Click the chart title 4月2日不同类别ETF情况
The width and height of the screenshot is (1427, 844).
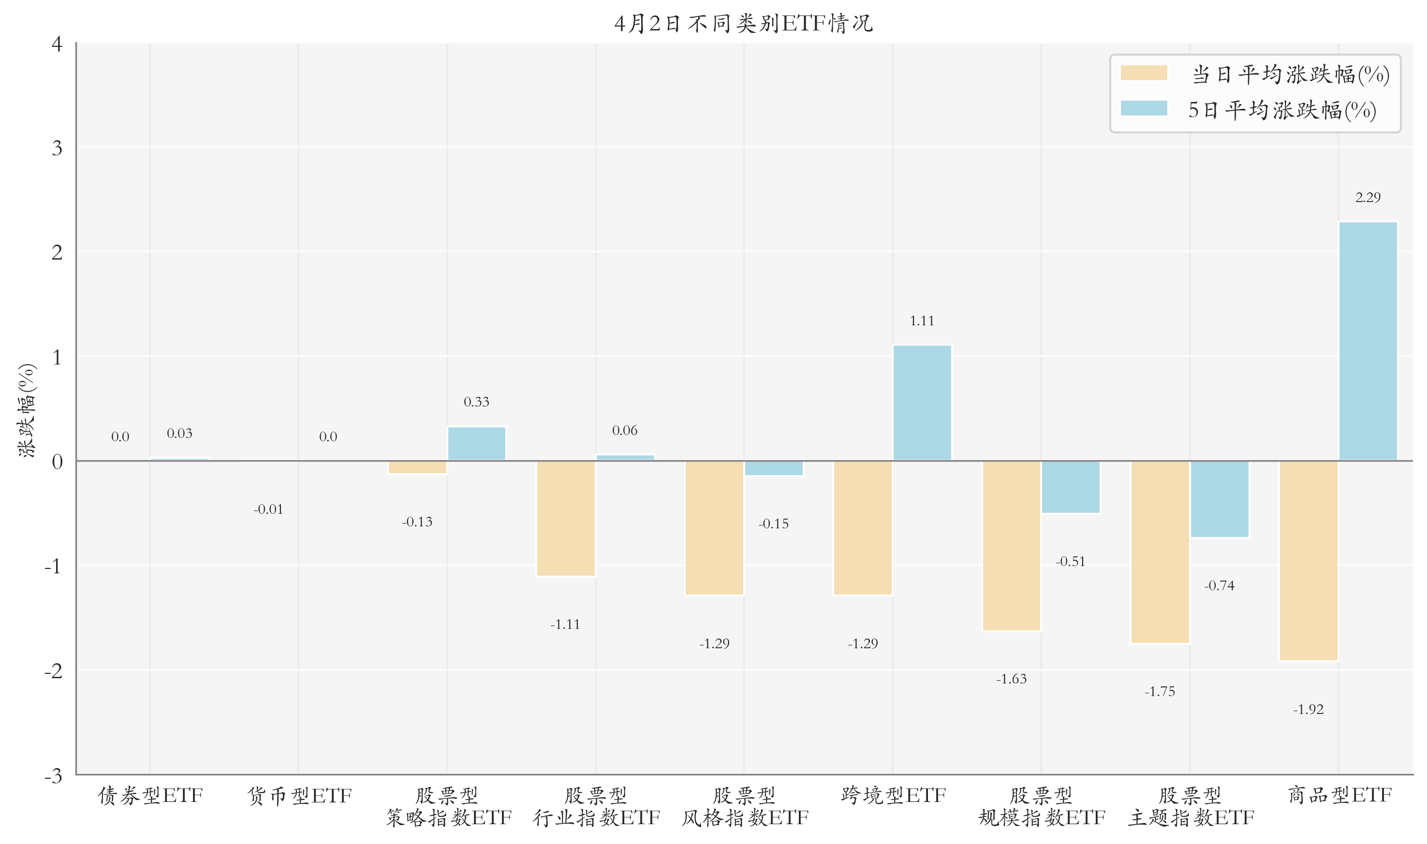pos(743,24)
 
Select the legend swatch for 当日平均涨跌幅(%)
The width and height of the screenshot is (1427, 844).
pos(1143,73)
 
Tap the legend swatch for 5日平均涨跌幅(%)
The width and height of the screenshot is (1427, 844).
pos(1143,109)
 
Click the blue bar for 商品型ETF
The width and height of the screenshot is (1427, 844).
pos(1368,341)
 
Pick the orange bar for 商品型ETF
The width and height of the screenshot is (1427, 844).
pos(1308,561)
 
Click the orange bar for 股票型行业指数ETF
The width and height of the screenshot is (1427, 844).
pos(565,519)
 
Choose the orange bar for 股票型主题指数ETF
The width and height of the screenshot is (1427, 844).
pos(1159,552)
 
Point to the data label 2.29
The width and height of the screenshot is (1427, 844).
pos(1368,197)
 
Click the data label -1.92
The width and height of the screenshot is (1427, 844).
pos(1308,710)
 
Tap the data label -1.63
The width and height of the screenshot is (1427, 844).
pos(1011,679)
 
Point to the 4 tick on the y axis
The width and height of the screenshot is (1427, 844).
pos(57,44)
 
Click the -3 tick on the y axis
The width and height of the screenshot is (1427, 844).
pos(54,776)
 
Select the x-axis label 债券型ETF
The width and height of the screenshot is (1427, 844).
pos(150,795)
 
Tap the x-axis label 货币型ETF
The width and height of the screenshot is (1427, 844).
pos(299,795)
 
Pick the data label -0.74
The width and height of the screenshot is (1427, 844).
pos(1219,586)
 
